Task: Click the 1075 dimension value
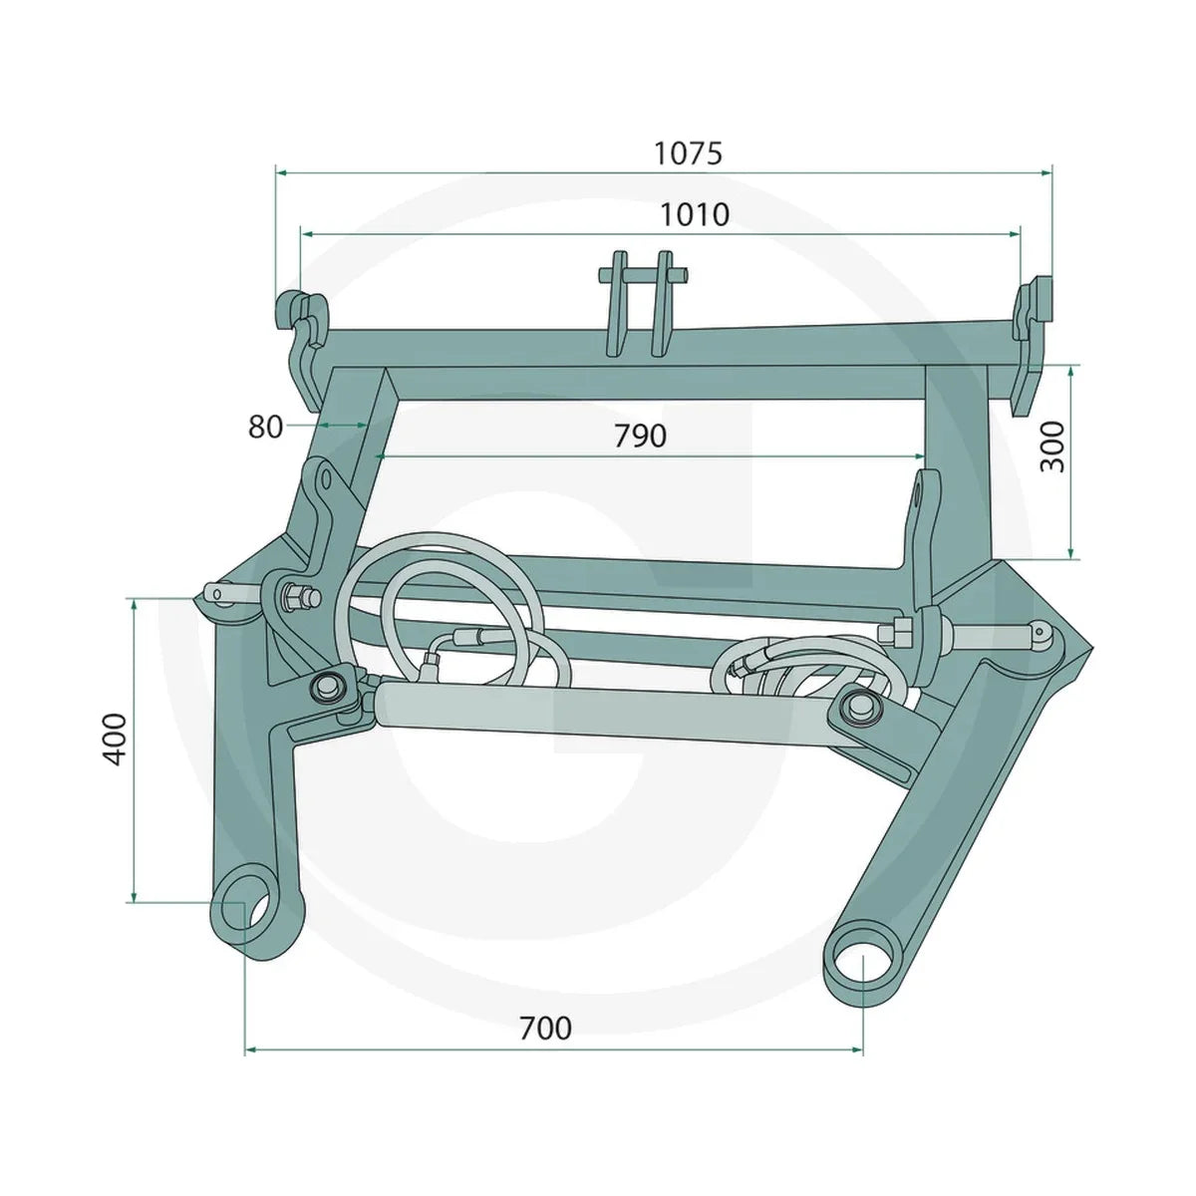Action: (x=689, y=153)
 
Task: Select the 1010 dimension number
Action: (x=694, y=214)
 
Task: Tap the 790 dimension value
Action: (x=641, y=436)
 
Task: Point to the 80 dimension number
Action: (x=265, y=427)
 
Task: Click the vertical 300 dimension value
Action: (x=1052, y=447)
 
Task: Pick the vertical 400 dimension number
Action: (x=115, y=740)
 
